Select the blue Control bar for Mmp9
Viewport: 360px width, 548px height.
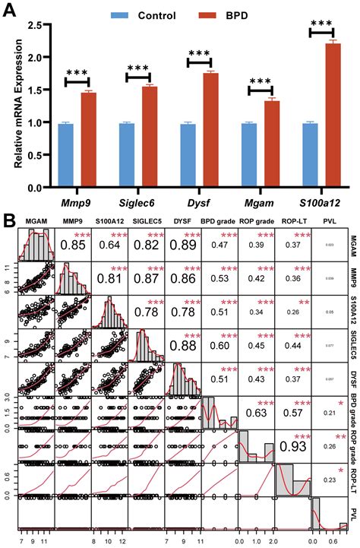click(66, 155)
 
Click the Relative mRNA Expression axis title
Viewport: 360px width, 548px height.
click(10, 106)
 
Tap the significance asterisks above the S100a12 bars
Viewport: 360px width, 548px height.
click(324, 26)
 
